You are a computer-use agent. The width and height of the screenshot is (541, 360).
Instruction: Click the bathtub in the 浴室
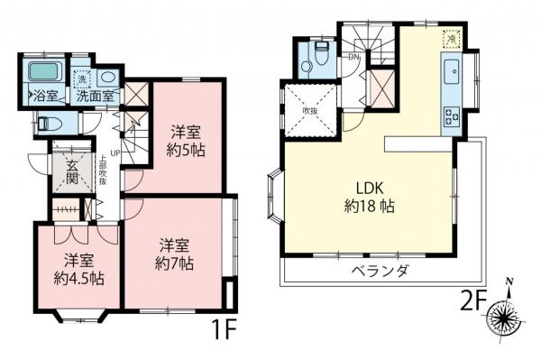[41, 73]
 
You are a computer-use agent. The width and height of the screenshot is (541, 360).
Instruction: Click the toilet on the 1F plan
[52, 123]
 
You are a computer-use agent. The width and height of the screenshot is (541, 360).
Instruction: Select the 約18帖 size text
[368, 206]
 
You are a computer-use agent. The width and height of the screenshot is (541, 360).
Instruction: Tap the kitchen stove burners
[450, 115]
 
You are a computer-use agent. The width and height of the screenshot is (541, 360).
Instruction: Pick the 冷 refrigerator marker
[451, 37]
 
